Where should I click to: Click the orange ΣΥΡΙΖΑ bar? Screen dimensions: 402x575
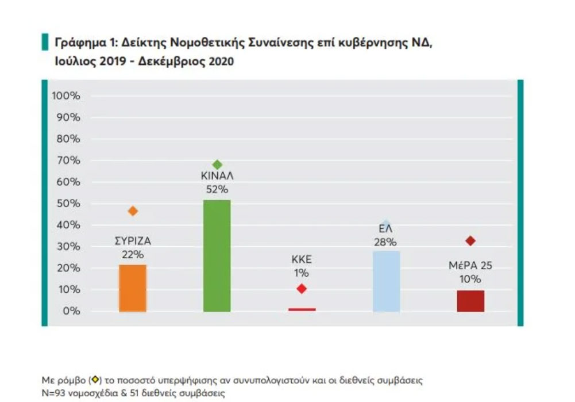[132, 288]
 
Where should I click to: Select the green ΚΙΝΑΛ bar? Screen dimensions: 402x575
[217, 256]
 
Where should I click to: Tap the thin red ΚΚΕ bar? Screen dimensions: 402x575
[302, 309]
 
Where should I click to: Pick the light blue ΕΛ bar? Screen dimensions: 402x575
[386, 281]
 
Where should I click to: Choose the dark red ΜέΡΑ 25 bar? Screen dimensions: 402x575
[470, 301]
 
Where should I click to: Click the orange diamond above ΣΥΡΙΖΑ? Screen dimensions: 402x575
[133, 211]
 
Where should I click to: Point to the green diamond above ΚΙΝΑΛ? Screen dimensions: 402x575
[217, 165]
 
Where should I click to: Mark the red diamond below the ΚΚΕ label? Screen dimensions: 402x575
[302, 289]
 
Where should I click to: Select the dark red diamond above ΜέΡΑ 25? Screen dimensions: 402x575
[470, 241]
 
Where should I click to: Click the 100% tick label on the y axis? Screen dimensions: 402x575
[66, 95]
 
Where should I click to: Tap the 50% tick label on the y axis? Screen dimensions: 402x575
[68, 204]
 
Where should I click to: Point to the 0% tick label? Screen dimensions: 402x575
[71, 311]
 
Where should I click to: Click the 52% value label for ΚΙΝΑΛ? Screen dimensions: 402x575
[217, 189]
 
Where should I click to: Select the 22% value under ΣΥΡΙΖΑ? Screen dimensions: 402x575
[133, 254]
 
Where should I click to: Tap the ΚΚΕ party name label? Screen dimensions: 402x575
[302, 259]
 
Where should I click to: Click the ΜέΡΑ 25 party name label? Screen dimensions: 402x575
[470, 266]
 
